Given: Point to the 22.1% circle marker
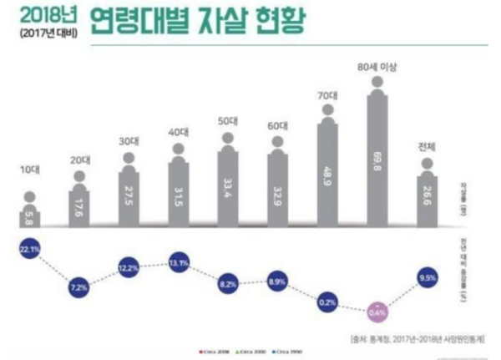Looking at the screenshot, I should pyautogui.click(x=29, y=251).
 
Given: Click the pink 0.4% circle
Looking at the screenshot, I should pyautogui.click(x=377, y=313).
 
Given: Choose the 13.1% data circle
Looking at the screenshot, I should pyautogui.click(x=178, y=265).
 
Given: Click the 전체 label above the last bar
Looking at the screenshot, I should pyautogui.click(x=427, y=146).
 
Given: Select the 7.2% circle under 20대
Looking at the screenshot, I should pyautogui.click(x=78, y=286).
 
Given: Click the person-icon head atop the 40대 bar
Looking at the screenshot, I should pyautogui.click(x=178, y=150).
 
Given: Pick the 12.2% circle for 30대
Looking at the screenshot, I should pyautogui.click(x=129, y=269).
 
